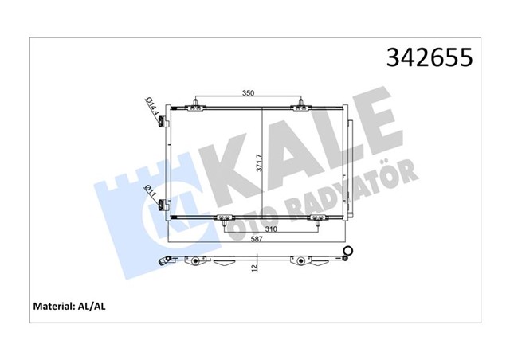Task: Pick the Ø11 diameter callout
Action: click(x=150, y=192)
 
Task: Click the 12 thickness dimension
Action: click(x=253, y=268)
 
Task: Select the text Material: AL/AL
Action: click(x=69, y=305)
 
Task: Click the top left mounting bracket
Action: click(x=196, y=104)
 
